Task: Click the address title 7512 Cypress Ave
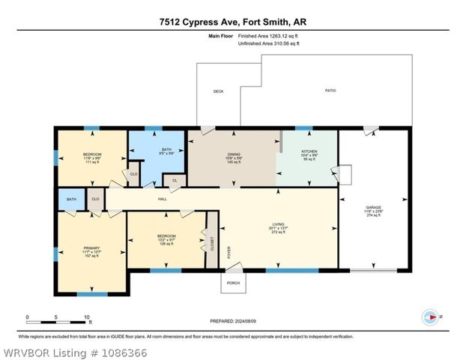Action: tap(232, 22)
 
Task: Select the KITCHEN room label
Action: tap(309, 151)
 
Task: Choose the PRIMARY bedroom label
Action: tap(91, 250)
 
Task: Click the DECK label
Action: tap(218, 91)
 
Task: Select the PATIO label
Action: tap(330, 91)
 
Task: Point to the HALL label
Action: tap(163, 199)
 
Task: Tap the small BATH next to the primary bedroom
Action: tap(71, 199)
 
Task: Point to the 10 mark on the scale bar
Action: tap(87, 317)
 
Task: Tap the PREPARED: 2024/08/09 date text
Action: tap(232, 321)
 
